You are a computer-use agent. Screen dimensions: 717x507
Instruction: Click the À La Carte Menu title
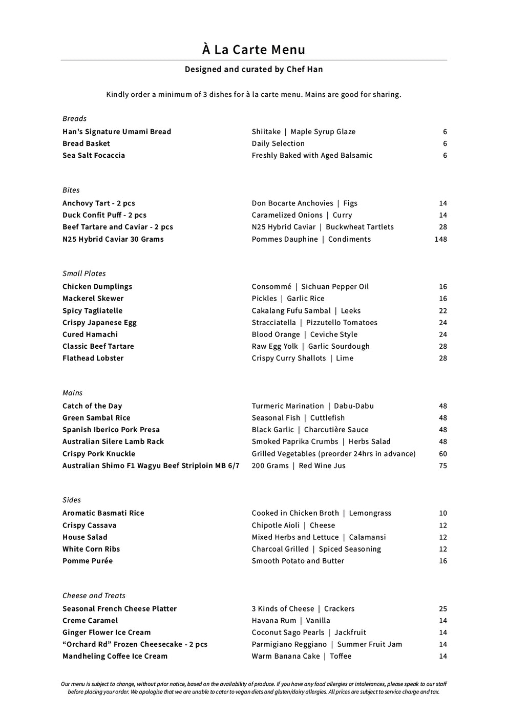pos(253,50)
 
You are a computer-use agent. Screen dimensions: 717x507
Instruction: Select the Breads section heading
pos(75,118)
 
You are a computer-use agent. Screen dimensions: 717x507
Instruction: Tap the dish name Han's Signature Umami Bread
pos(117,132)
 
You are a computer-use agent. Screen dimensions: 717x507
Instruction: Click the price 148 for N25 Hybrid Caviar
pos(440,239)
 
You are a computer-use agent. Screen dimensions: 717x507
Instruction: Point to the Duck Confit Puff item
pos(104,215)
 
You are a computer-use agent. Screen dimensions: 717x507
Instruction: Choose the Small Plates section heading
pos(84,273)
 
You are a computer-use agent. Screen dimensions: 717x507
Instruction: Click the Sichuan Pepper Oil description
pos(335,287)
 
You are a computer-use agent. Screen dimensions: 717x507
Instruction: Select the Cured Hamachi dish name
pos(90,334)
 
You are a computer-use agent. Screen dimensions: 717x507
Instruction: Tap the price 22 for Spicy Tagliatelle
pos(442,311)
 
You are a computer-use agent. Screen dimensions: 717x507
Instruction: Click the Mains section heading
pos(72,393)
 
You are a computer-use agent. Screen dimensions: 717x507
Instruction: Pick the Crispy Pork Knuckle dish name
pos(99,454)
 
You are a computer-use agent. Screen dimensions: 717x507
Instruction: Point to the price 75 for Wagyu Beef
pos(442,466)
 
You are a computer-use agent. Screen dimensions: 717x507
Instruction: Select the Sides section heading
pos(72,500)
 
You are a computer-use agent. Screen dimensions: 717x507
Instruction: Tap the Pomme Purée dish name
pos(88,561)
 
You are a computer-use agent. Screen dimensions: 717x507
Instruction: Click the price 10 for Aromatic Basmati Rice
pos(442,513)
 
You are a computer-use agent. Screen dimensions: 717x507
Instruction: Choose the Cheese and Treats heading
pos(94,596)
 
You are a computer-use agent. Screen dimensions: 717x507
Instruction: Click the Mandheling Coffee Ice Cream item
pos(115,656)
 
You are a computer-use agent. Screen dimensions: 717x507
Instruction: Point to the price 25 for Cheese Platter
pos(442,609)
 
